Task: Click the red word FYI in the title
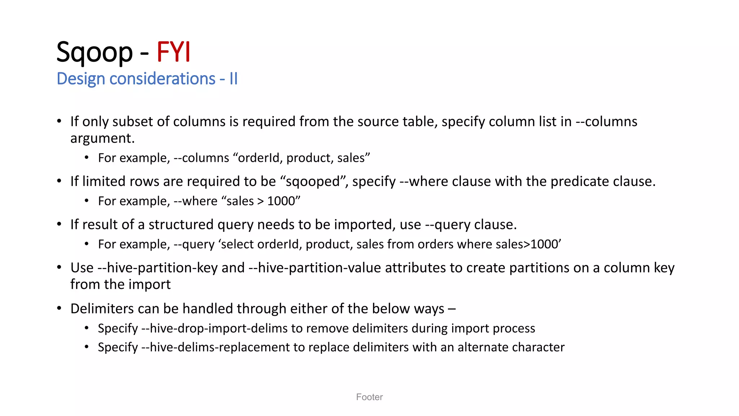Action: coord(173,52)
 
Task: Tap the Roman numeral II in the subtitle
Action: coord(233,79)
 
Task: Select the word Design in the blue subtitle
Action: coord(81,79)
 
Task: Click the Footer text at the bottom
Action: coord(369,397)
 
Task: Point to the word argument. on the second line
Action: coord(102,138)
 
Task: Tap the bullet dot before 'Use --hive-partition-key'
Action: coord(59,268)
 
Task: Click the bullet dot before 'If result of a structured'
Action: coord(59,224)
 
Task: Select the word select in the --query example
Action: coord(237,244)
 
